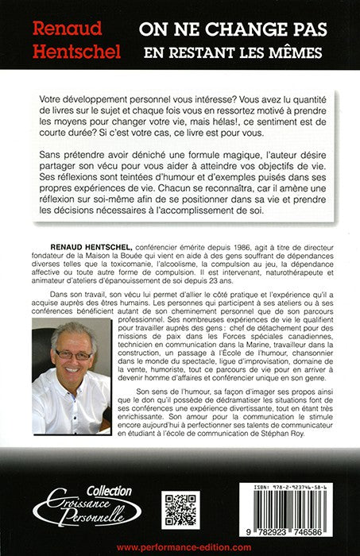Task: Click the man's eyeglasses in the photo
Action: pyautogui.click(x=73, y=354)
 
